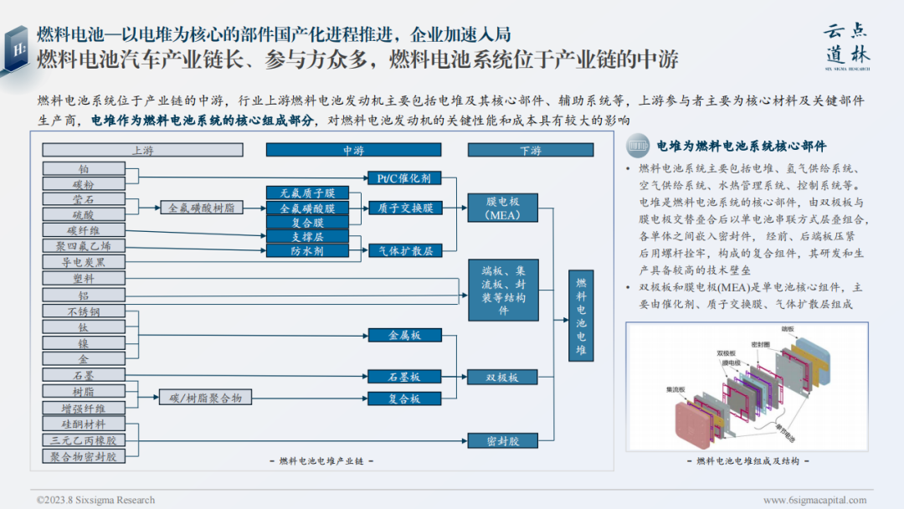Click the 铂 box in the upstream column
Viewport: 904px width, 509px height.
(84, 169)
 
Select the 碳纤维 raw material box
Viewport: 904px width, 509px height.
(84, 230)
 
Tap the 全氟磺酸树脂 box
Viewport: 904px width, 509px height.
(201, 207)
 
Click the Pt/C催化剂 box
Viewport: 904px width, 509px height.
(404, 177)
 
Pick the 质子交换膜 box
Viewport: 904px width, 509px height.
(404, 208)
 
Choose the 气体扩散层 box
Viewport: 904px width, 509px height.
(404, 250)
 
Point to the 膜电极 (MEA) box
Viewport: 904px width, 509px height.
(503, 208)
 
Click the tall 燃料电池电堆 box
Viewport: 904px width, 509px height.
(582, 317)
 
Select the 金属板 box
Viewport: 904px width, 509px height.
(404, 335)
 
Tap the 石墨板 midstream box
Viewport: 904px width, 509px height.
(404, 377)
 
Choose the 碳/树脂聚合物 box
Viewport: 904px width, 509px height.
(206, 398)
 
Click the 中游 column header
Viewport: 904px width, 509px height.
(353, 150)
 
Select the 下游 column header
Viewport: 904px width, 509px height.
(530, 150)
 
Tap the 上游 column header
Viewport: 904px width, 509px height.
(142, 150)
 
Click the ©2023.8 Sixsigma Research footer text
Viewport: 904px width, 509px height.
(95, 500)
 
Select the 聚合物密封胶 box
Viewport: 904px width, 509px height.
(84, 456)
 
